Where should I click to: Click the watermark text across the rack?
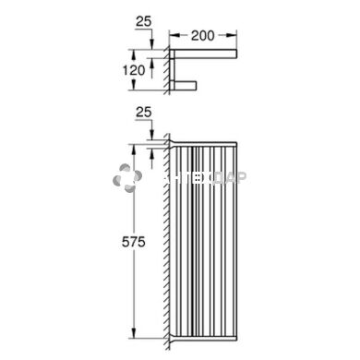pyautogui.click(x=198, y=183)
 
